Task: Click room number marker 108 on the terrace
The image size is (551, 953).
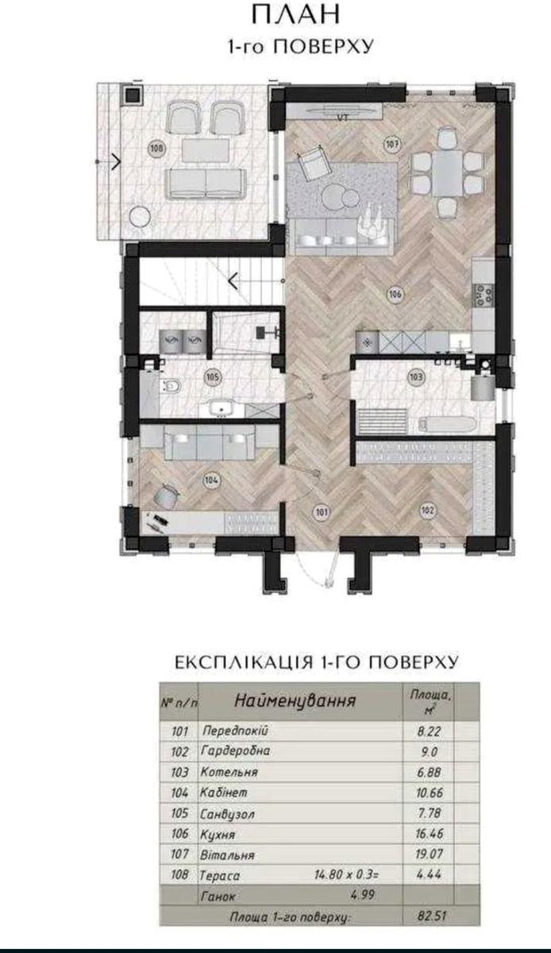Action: tap(156, 149)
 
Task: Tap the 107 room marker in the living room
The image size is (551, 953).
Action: tap(392, 144)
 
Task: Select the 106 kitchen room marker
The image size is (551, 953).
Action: tap(395, 294)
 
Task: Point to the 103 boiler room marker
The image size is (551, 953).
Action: tap(416, 376)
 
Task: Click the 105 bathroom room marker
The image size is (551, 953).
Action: tap(213, 377)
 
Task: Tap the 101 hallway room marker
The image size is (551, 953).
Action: tap(322, 511)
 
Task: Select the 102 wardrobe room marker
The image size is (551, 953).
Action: tap(428, 510)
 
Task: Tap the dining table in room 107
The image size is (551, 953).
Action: tap(448, 173)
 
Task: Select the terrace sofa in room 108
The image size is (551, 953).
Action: tap(206, 184)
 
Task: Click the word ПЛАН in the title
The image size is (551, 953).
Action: tap(296, 15)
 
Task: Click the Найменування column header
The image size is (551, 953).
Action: tap(295, 700)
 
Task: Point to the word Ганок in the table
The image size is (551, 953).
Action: tap(218, 895)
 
